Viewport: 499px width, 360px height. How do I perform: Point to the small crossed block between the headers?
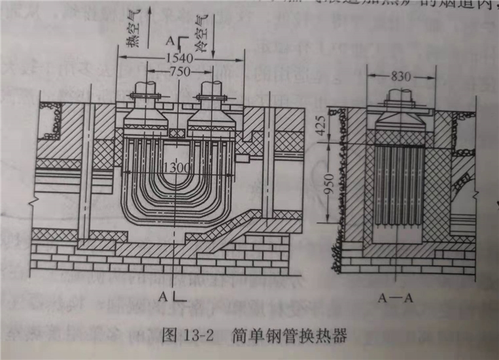177,133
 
